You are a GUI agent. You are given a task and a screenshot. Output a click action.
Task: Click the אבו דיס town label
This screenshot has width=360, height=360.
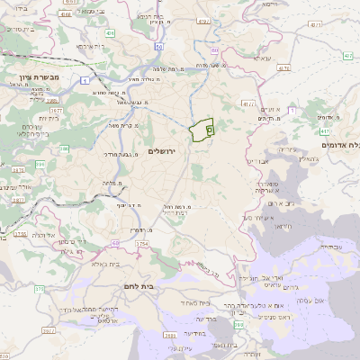click(257, 160)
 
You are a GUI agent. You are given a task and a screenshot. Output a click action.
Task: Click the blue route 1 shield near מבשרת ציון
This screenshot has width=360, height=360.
click(83, 80)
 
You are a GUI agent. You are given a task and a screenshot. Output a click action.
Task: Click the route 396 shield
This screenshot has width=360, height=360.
click(40, 165)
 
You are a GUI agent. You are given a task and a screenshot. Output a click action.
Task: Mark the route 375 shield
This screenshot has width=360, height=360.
click(39, 289)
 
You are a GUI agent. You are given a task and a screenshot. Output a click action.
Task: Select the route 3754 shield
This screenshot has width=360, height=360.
click(141, 244)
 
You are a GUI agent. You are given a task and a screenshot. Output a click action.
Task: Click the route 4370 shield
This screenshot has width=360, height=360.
click(283, 67)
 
